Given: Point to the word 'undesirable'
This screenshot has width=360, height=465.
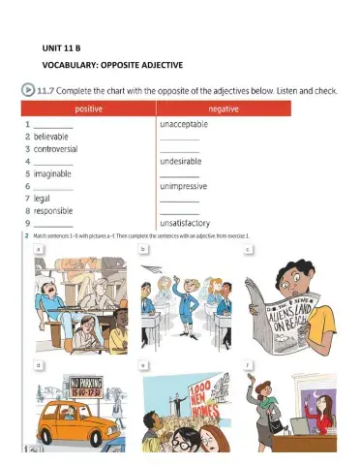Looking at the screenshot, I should pyautogui.click(x=182, y=162).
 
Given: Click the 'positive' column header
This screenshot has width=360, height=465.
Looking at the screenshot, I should pyautogui.click(x=82, y=110).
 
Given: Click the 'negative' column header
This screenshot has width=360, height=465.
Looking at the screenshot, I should pyautogui.click(x=221, y=110).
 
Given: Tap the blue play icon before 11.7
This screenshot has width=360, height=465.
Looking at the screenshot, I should pyautogui.click(x=29, y=90).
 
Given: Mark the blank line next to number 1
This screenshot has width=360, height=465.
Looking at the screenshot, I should pyautogui.click(x=53, y=126).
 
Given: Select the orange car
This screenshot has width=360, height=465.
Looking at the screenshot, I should pyautogui.click(x=73, y=426).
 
